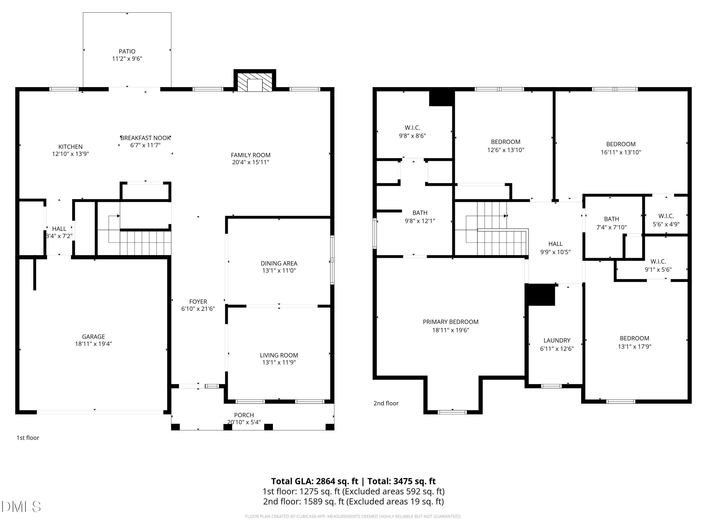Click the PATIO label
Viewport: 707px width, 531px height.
127,51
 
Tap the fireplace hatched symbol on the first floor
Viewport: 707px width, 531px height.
255,82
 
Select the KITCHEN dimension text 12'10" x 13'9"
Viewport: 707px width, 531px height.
70,154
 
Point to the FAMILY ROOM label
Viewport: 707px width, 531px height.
251,155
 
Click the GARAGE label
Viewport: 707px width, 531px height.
93,336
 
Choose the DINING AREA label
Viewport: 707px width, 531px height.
279,263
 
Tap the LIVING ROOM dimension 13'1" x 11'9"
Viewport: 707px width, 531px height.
279,362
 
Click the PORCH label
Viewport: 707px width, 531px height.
244,415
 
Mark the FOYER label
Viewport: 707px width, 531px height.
198,302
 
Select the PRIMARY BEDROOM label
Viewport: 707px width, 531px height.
450,322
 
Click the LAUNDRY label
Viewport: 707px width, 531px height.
557,340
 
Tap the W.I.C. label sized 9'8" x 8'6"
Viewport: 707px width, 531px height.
412,128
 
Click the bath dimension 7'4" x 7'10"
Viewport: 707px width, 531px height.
611,227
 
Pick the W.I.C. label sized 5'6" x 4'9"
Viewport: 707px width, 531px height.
666,216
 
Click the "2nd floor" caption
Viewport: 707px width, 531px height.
386,403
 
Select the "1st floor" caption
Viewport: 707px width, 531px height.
28,438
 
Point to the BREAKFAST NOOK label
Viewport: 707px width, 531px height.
145,138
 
